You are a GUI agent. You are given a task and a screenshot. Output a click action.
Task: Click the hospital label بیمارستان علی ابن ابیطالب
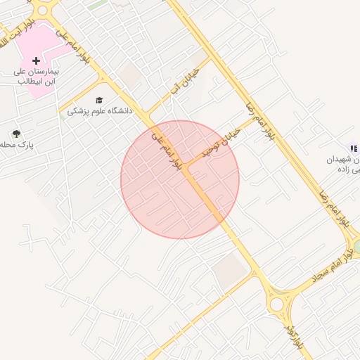coord(36,77)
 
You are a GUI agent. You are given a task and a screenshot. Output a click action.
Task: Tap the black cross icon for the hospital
coord(36,62)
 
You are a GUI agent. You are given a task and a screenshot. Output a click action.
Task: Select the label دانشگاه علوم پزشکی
coord(98,111)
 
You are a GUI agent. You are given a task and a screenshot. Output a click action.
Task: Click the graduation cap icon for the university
coord(98,100)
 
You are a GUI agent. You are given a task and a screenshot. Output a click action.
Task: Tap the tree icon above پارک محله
coord(16,134)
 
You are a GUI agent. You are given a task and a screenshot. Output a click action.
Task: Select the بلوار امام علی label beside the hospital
coord(74,46)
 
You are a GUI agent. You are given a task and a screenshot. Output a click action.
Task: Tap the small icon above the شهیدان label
coord(354,148)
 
